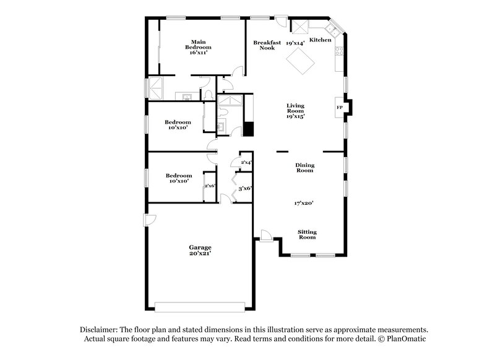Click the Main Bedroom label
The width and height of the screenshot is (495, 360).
(x=198, y=45)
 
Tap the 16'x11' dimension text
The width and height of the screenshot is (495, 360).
(x=198, y=53)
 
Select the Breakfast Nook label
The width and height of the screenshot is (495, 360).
(x=268, y=45)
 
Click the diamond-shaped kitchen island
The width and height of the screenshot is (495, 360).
(x=300, y=60)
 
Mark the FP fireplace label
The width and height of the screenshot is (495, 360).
(x=339, y=108)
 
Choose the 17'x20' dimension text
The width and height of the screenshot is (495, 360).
(x=304, y=202)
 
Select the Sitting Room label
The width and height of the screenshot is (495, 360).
(x=307, y=234)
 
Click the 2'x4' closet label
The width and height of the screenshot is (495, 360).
(x=246, y=162)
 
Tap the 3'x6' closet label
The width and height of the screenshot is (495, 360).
(x=246, y=188)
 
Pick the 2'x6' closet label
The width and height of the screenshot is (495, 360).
(x=209, y=186)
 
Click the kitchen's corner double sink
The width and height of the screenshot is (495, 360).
(x=332, y=28)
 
